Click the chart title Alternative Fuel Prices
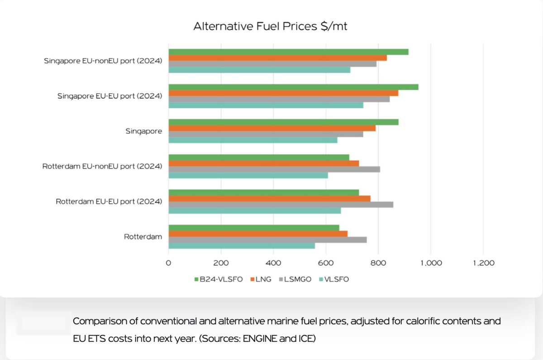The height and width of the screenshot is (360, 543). pyautogui.click(x=270, y=26)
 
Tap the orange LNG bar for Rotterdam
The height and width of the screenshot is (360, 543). pyautogui.click(x=258, y=234)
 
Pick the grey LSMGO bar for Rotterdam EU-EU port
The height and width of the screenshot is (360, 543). pyautogui.click(x=281, y=204)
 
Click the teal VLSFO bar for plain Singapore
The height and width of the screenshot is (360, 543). pyautogui.click(x=253, y=140)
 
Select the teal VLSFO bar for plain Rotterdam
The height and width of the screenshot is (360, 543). pyautogui.click(x=242, y=245)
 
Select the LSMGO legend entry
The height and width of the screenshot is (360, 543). pyautogui.click(x=296, y=279)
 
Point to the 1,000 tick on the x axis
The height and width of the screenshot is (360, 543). pyautogui.click(x=431, y=263)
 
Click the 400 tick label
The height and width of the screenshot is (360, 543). pyautogui.click(x=273, y=263)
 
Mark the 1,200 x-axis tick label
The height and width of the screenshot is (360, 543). pyautogui.click(x=483, y=263)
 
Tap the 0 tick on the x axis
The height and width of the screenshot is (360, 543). pyautogui.click(x=169, y=263)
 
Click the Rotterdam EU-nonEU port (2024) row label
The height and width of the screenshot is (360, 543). pyautogui.click(x=102, y=166)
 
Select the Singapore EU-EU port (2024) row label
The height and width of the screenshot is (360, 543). pyautogui.click(x=110, y=96)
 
